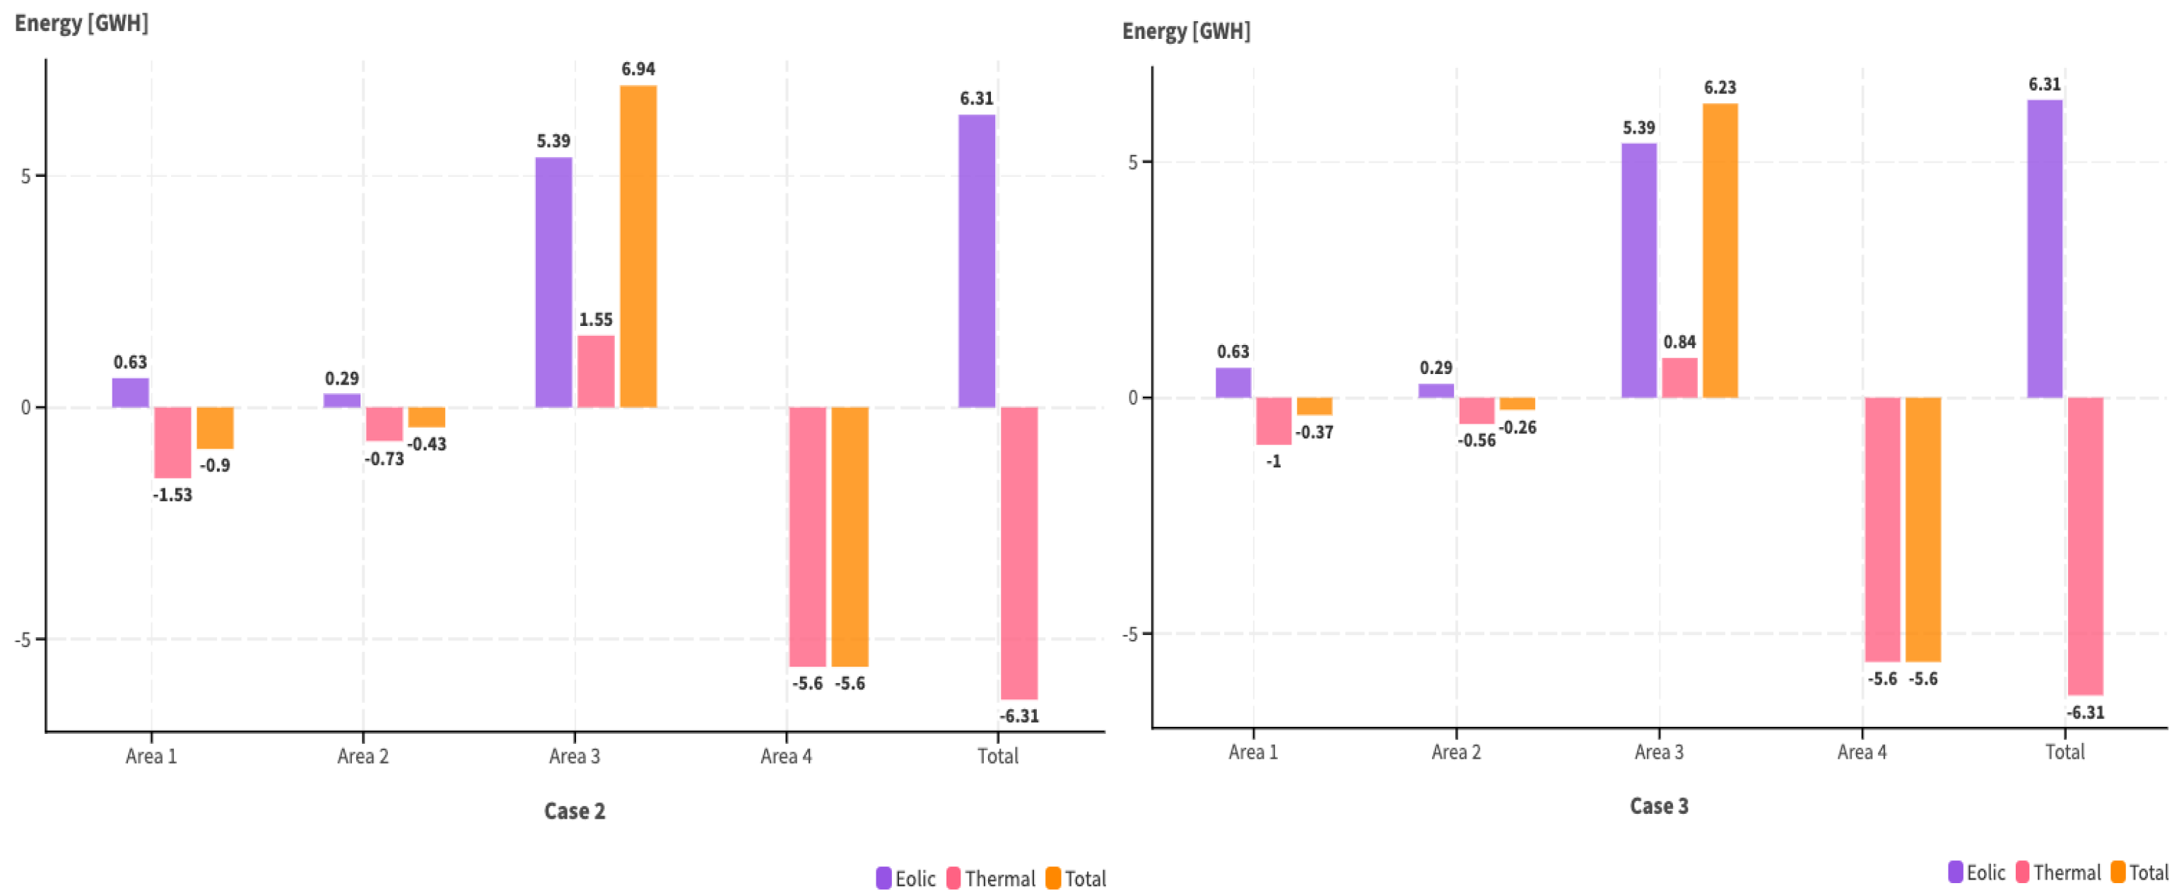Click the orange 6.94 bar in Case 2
(x=638, y=246)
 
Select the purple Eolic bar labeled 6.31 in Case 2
(x=976, y=260)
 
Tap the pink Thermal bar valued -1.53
(x=172, y=442)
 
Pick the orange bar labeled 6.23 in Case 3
(x=1720, y=250)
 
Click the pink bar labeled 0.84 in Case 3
(x=1679, y=378)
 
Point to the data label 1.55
(x=595, y=320)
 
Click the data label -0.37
(x=1314, y=433)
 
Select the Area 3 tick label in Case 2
(x=574, y=756)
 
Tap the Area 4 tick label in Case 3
(x=1862, y=752)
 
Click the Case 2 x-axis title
(x=574, y=811)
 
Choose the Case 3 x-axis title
(x=1658, y=805)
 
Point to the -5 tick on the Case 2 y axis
(x=22, y=639)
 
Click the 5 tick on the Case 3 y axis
(x=1133, y=162)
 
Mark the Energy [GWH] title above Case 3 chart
(x=1185, y=31)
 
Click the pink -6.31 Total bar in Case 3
(x=2085, y=545)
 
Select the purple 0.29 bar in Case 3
(x=1436, y=390)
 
